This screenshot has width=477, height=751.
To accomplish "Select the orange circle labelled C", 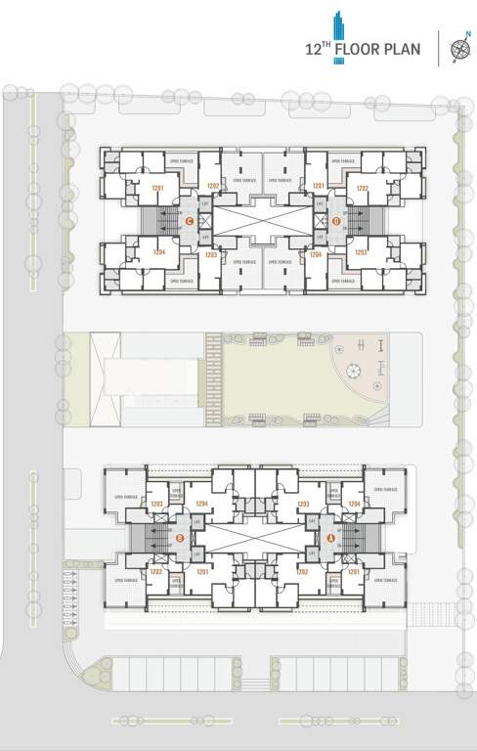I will [190, 220].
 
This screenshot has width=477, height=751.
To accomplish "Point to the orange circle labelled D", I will [335, 220].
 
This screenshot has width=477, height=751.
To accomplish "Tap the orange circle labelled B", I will [179, 537].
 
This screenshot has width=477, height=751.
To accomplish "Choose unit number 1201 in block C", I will [157, 187].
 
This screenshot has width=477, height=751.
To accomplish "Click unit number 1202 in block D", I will [362, 187].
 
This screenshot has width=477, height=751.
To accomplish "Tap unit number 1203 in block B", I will [156, 505].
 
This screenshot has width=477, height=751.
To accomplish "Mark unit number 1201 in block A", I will [353, 570].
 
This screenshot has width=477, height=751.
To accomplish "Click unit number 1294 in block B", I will [202, 505].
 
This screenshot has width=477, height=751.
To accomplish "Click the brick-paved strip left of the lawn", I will [214, 379].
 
